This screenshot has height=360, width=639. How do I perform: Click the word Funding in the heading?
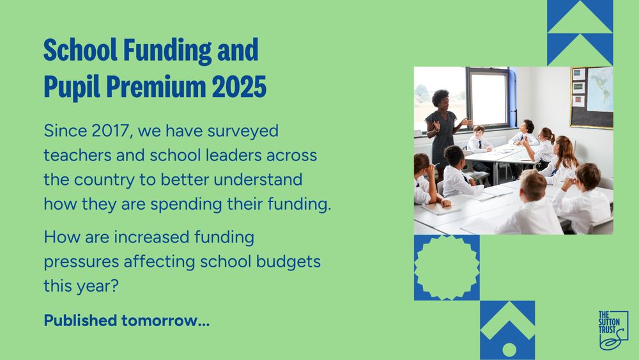click(167, 51)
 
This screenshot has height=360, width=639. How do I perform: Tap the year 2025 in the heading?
click(239, 86)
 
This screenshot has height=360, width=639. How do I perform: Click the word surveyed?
click(243, 132)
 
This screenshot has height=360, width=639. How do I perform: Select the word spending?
click(186, 205)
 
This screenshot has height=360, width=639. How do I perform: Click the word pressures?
click(81, 262)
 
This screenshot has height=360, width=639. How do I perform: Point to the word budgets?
click(289, 262)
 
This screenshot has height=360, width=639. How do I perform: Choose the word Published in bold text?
click(81, 321)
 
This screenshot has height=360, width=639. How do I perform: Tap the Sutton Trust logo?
click(613, 331)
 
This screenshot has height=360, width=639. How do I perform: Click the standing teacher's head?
click(440, 99)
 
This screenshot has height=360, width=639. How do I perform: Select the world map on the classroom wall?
click(600, 89)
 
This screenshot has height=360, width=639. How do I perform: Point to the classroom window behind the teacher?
click(488, 98)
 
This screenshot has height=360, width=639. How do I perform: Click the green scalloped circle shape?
click(447, 267)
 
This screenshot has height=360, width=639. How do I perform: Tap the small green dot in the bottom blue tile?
click(509, 350)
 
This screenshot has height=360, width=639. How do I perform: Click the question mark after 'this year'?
click(114, 286)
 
